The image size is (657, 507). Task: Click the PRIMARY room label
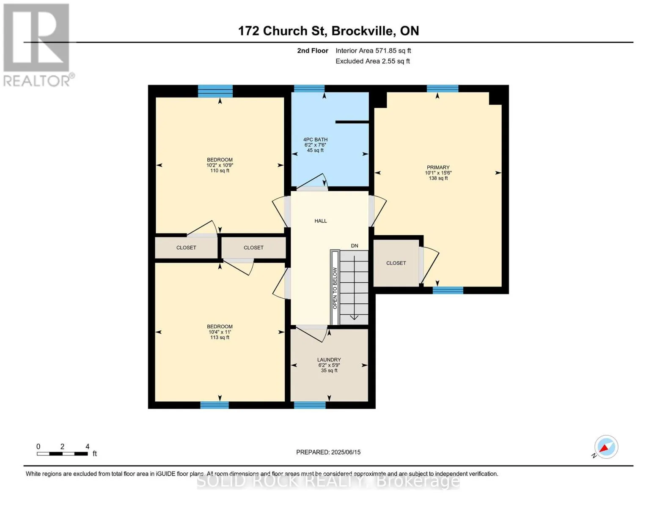[438, 167]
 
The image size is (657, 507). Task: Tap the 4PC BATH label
[315, 139]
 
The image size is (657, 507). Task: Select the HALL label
[321, 221]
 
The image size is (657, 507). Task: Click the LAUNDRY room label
[329, 360]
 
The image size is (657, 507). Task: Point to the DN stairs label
[355, 246]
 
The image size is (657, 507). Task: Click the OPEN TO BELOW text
[335, 288]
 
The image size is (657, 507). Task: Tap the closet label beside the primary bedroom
[396, 263]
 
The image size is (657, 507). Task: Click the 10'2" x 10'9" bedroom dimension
[220, 165]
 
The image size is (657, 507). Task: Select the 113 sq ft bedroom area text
[220, 337]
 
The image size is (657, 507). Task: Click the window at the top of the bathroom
[309, 88]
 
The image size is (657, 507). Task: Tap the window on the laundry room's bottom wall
[310, 405]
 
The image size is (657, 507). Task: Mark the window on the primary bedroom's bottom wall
[448, 290]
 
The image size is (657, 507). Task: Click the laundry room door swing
[311, 334]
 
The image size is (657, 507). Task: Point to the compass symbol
[606, 447]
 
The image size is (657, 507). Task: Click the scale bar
[62, 453]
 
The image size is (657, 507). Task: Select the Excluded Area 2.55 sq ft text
[372, 61]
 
